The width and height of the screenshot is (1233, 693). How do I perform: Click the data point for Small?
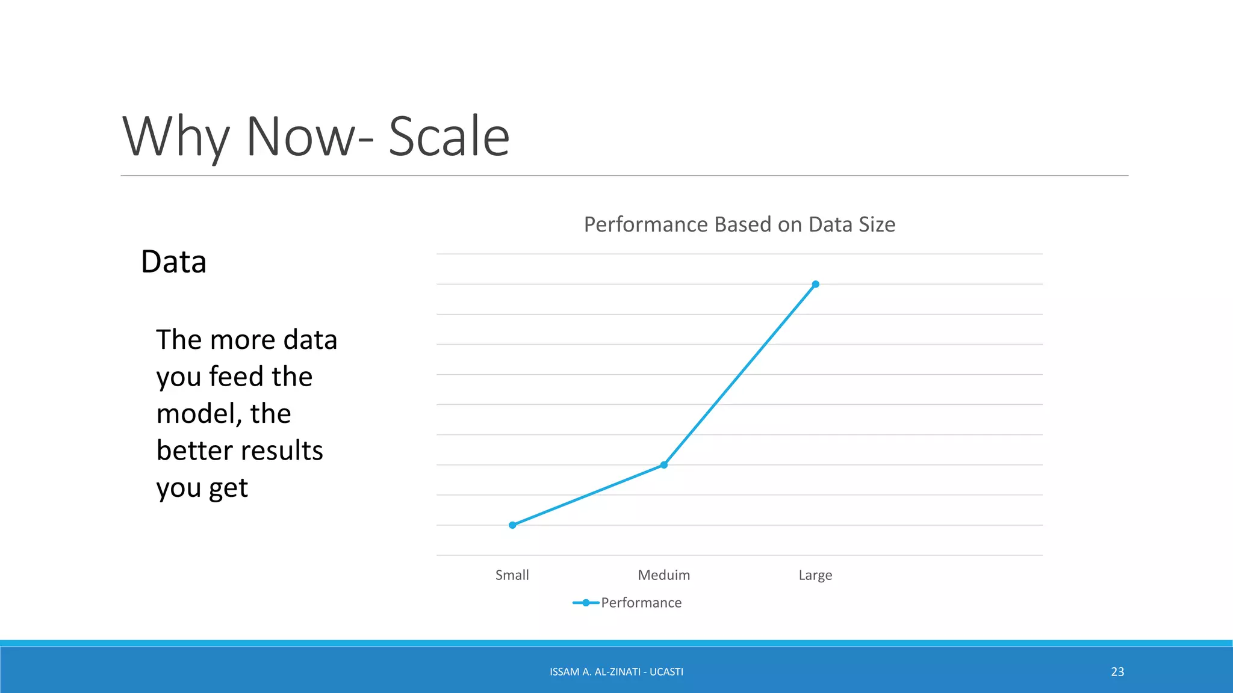tap(512, 525)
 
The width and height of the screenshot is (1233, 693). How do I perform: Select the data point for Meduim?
tap(664, 465)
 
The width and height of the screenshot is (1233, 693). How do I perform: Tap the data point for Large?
tap(816, 284)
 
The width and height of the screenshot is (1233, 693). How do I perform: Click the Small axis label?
tap(512, 575)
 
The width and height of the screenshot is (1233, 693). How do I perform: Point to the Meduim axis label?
tap(663, 575)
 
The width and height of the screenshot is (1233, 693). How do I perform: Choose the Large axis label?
tap(815, 575)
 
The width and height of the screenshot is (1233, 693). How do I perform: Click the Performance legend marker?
tap(585, 603)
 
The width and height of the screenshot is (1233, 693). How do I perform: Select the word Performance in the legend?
tap(641, 603)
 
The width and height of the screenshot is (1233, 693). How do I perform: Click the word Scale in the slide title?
tap(449, 137)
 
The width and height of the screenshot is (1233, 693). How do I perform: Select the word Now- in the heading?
tap(309, 137)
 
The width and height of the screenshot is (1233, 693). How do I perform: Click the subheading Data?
tap(173, 262)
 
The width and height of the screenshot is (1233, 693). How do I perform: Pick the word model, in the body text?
tap(199, 414)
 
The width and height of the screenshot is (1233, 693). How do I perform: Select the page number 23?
tap(1117, 672)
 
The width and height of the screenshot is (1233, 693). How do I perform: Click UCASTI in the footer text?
tap(666, 672)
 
